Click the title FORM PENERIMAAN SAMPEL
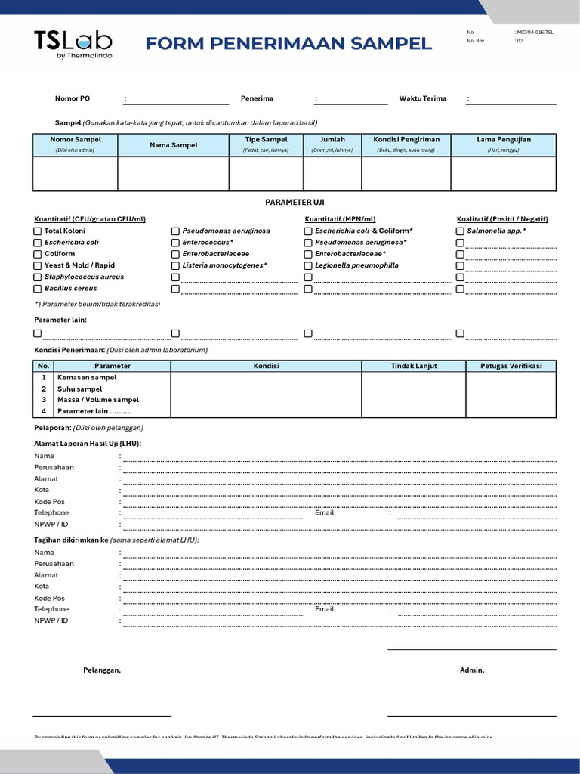(x=288, y=44)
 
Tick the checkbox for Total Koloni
(x=38, y=231)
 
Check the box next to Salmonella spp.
(x=460, y=231)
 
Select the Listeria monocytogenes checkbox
(x=175, y=266)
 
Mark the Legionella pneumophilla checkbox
(x=308, y=266)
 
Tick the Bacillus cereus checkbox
(x=38, y=289)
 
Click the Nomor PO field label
(x=72, y=98)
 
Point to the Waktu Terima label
(x=422, y=98)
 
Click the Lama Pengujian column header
(x=503, y=140)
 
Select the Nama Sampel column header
(x=173, y=145)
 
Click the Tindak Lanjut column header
(x=413, y=366)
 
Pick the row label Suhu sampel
(x=79, y=389)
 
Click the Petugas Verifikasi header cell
(x=511, y=366)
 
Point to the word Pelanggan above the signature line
(x=101, y=670)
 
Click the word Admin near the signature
(x=472, y=670)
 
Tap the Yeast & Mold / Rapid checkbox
(x=38, y=266)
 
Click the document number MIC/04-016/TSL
(x=534, y=33)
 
